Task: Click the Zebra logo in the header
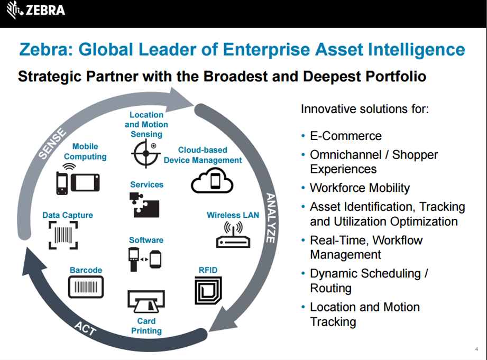click(x=36, y=10)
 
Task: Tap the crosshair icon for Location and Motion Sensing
click(x=146, y=153)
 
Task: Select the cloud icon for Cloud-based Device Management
click(x=212, y=180)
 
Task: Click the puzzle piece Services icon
click(x=144, y=205)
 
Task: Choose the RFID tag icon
click(x=208, y=291)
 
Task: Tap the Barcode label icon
click(x=86, y=287)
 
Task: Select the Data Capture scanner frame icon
click(x=63, y=235)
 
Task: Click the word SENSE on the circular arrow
click(x=52, y=143)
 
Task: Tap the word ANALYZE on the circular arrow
click(x=271, y=218)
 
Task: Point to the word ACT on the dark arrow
click(x=85, y=329)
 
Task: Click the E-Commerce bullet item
click(x=345, y=136)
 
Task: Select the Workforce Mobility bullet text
click(x=360, y=188)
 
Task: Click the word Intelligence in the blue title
click(x=416, y=50)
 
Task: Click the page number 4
click(x=476, y=349)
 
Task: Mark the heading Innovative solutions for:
click(x=365, y=109)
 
